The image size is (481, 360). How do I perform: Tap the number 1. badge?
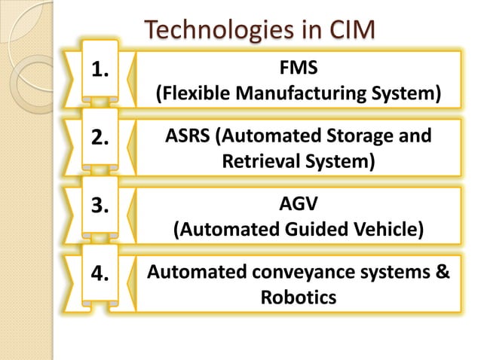pyautogui.click(x=100, y=71)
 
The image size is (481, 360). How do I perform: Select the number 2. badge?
pyautogui.click(x=100, y=139)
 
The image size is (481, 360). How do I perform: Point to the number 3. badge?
pyautogui.click(x=100, y=206)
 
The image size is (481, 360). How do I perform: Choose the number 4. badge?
pyautogui.click(x=100, y=273)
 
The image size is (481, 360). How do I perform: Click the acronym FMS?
pyautogui.click(x=298, y=69)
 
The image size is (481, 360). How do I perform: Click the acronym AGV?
pyautogui.click(x=298, y=204)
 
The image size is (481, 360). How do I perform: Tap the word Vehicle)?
pyautogui.click(x=388, y=230)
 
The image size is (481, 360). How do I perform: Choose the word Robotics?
pyautogui.click(x=298, y=297)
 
